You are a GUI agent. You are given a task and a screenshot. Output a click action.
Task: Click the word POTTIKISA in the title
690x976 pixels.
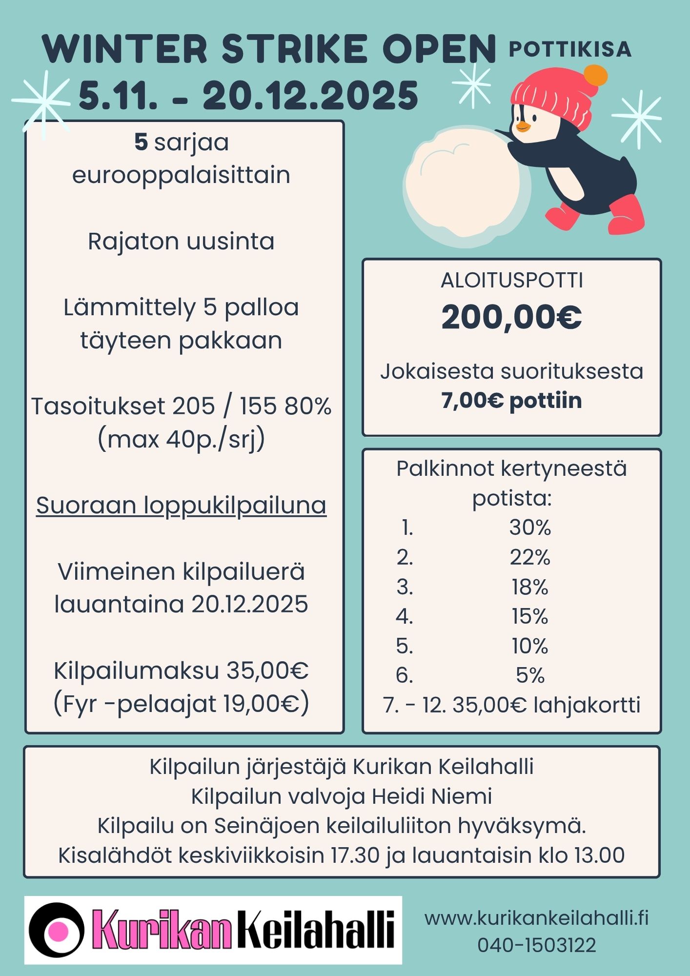(570, 49)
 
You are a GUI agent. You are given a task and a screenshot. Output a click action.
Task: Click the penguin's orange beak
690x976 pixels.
(523, 126)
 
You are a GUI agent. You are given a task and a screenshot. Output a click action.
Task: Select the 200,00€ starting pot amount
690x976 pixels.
(511, 317)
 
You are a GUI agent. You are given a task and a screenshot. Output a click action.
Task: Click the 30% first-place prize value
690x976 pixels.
(530, 528)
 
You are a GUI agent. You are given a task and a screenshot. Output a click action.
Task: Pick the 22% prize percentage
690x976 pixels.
(530, 557)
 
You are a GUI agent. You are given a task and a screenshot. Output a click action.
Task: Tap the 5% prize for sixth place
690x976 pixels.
(530, 675)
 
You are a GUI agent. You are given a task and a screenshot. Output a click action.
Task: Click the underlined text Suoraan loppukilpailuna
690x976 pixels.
(181, 505)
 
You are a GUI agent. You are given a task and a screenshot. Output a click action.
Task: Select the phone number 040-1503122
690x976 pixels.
(536, 945)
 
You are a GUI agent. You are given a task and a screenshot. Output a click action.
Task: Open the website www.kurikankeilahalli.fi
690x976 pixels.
(536, 918)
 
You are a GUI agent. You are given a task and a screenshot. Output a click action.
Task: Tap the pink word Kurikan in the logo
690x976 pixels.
(161, 930)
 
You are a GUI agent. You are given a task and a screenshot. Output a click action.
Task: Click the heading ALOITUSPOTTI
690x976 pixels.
(511, 281)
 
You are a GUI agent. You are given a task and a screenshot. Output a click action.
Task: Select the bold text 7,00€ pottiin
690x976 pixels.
(511, 401)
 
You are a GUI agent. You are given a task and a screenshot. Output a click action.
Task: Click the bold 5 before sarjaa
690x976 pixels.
(141, 142)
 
